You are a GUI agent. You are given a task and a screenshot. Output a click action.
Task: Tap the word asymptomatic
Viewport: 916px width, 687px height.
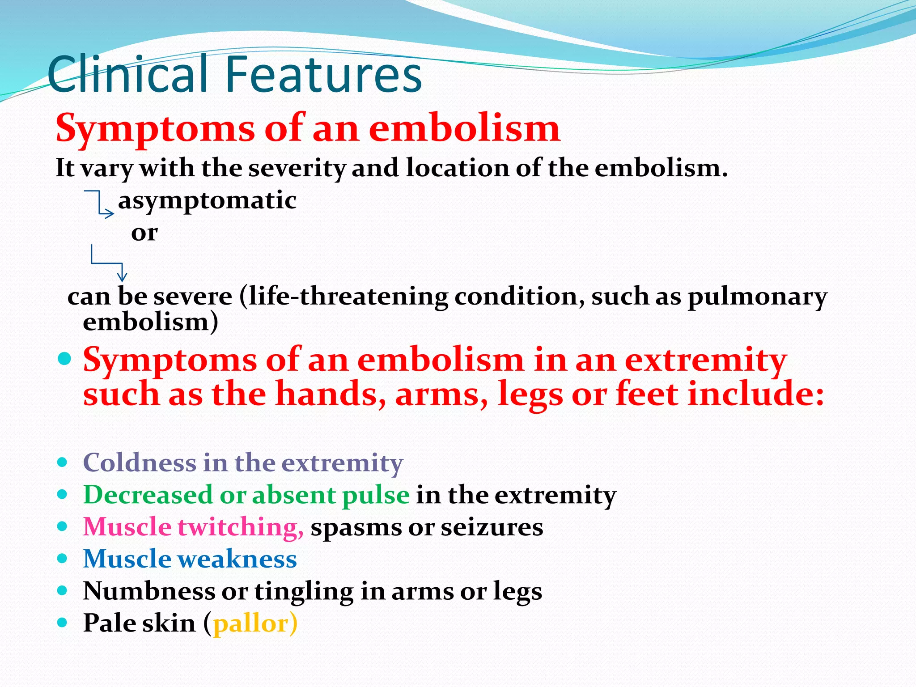click(x=207, y=200)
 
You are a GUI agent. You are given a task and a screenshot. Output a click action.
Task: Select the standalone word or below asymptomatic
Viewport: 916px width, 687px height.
click(x=144, y=233)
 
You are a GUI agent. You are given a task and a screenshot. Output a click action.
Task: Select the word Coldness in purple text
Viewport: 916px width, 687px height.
click(x=140, y=462)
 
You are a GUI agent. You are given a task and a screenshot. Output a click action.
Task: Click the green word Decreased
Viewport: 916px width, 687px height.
click(x=148, y=495)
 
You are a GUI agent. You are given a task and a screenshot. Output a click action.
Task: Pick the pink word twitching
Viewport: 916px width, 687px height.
click(x=241, y=527)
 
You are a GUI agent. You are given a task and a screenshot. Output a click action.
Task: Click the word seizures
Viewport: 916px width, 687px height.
click(x=492, y=527)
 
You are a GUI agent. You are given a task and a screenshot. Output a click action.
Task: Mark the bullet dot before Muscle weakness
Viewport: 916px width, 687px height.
click(x=63, y=559)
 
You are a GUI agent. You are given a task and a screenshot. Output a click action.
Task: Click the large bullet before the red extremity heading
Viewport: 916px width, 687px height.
click(x=65, y=359)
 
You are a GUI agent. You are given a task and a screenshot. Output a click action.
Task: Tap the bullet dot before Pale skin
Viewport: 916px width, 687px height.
click(x=63, y=623)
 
